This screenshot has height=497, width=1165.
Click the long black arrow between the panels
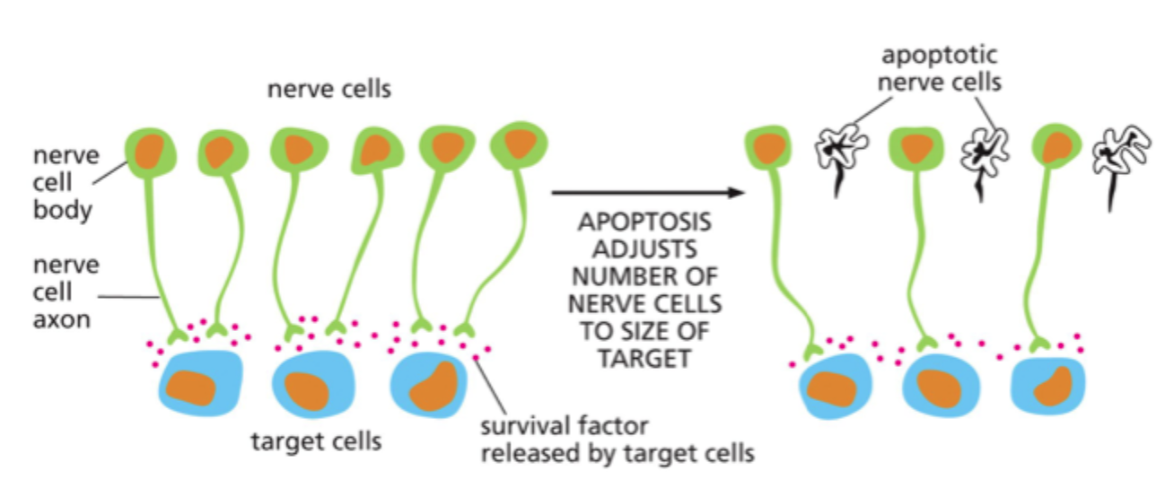(646, 192)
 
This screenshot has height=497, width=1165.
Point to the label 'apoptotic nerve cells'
(940, 69)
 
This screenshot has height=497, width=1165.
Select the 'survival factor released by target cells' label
(617, 440)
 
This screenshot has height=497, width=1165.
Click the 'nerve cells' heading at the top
(328, 90)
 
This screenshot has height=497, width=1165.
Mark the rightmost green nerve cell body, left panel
(519, 144)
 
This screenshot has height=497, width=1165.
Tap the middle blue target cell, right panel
(934, 387)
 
